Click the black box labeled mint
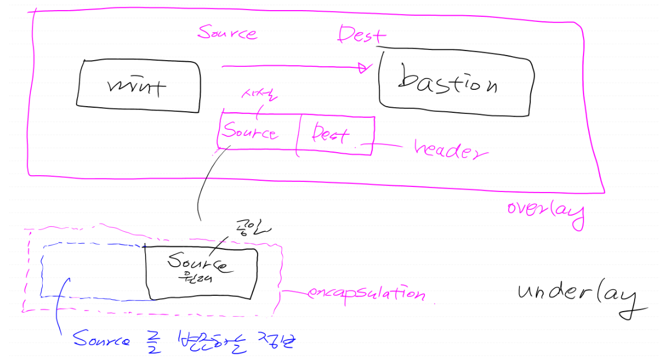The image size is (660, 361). (138, 84)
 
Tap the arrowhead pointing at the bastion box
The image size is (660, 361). (365, 68)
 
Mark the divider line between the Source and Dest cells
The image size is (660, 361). (297, 134)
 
